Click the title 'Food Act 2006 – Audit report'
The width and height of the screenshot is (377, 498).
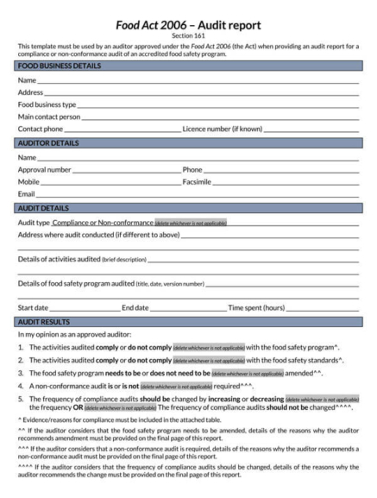pos(188,25)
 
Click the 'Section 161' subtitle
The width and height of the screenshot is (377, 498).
pos(188,36)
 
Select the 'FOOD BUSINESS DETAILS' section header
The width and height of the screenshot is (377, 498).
pos(59,66)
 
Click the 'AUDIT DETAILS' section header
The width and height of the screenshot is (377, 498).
pos(43,208)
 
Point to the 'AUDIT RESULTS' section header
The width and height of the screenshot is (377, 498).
pos(45,321)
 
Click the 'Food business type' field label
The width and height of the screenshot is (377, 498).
pos(47,104)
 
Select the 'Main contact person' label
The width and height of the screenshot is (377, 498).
pos(49,117)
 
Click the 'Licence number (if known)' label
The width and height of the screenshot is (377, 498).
pos(223,129)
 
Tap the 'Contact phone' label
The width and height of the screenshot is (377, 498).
pos(41,129)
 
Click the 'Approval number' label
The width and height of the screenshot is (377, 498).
pos(45,170)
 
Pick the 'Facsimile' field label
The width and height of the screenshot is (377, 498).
pos(197,182)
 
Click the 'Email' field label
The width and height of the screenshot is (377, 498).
pos(27,194)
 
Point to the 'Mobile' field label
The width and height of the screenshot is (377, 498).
pos(29,182)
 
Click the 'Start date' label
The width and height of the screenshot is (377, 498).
pos(34,307)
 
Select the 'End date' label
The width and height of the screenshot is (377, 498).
pos(135,307)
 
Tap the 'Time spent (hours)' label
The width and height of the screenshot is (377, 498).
pos(256,307)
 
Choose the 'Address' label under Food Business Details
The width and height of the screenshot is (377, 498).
pos(30,92)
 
